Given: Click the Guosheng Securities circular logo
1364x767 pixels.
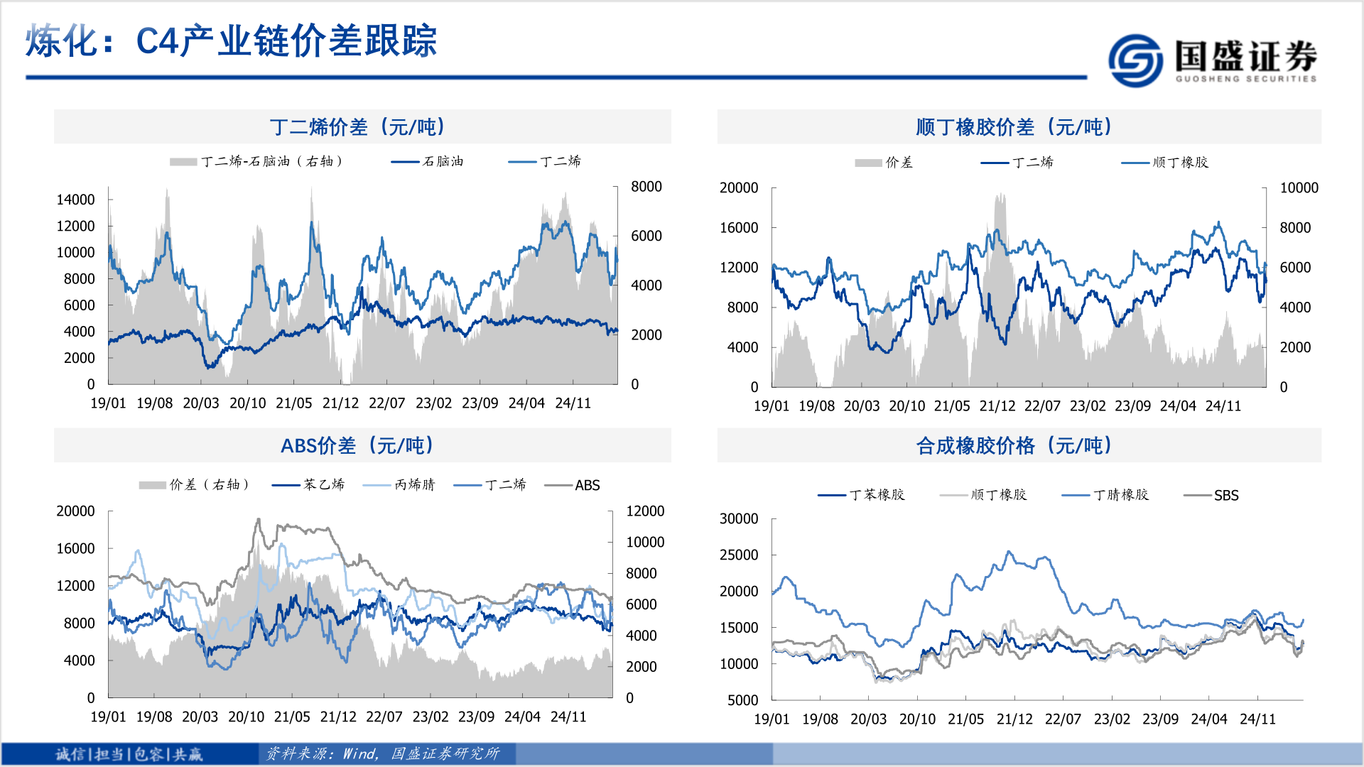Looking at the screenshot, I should coord(1135,60).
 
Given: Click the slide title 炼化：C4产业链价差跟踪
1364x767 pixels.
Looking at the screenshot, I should coord(231,40).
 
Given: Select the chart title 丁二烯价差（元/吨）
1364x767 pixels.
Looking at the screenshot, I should coord(358,127).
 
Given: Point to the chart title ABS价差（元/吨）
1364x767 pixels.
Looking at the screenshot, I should coord(358,446).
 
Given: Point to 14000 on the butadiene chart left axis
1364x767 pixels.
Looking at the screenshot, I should coord(75,200).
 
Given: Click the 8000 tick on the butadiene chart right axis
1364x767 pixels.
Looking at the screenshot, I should coord(646,187).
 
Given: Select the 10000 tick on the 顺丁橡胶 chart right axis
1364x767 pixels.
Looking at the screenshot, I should coord(1299,188).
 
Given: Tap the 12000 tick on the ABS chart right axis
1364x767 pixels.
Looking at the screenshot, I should coord(644,511).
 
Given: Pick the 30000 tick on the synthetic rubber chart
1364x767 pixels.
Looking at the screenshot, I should coord(739,519).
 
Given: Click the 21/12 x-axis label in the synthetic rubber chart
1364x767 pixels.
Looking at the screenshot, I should coord(1014,719).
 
